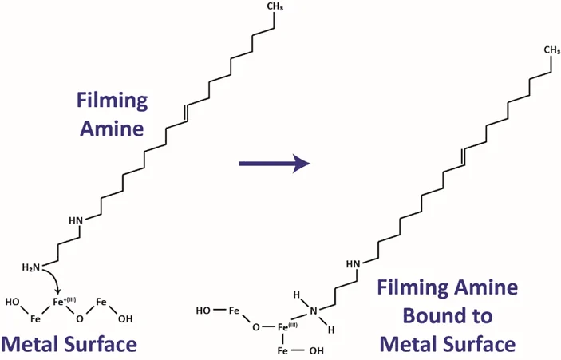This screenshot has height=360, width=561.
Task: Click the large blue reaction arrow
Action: [x=274, y=164]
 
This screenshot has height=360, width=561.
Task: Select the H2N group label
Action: [x=31, y=267]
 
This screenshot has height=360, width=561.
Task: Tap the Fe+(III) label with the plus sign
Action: [x=65, y=302]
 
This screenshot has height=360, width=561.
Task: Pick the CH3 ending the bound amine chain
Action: [x=552, y=50]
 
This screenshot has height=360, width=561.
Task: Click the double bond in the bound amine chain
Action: [x=464, y=156]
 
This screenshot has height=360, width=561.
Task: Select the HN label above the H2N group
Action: [x=76, y=220]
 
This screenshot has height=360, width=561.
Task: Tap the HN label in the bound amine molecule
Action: [x=354, y=264]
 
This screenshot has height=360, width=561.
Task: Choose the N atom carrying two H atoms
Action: [x=314, y=311]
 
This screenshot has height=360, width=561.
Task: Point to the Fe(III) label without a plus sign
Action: [x=287, y=326]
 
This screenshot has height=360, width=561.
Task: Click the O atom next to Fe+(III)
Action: [x=80, y=318]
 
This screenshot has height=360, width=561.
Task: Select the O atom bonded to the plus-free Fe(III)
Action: [x=256, y=327]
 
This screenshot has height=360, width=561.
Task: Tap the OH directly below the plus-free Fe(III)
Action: [x=316, y=350]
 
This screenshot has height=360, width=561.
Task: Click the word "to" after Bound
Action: [x=482, y=316]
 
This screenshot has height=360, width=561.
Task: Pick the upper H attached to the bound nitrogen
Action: [x=296, y=295]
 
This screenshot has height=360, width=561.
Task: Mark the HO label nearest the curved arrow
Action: [x=13, y=302]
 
